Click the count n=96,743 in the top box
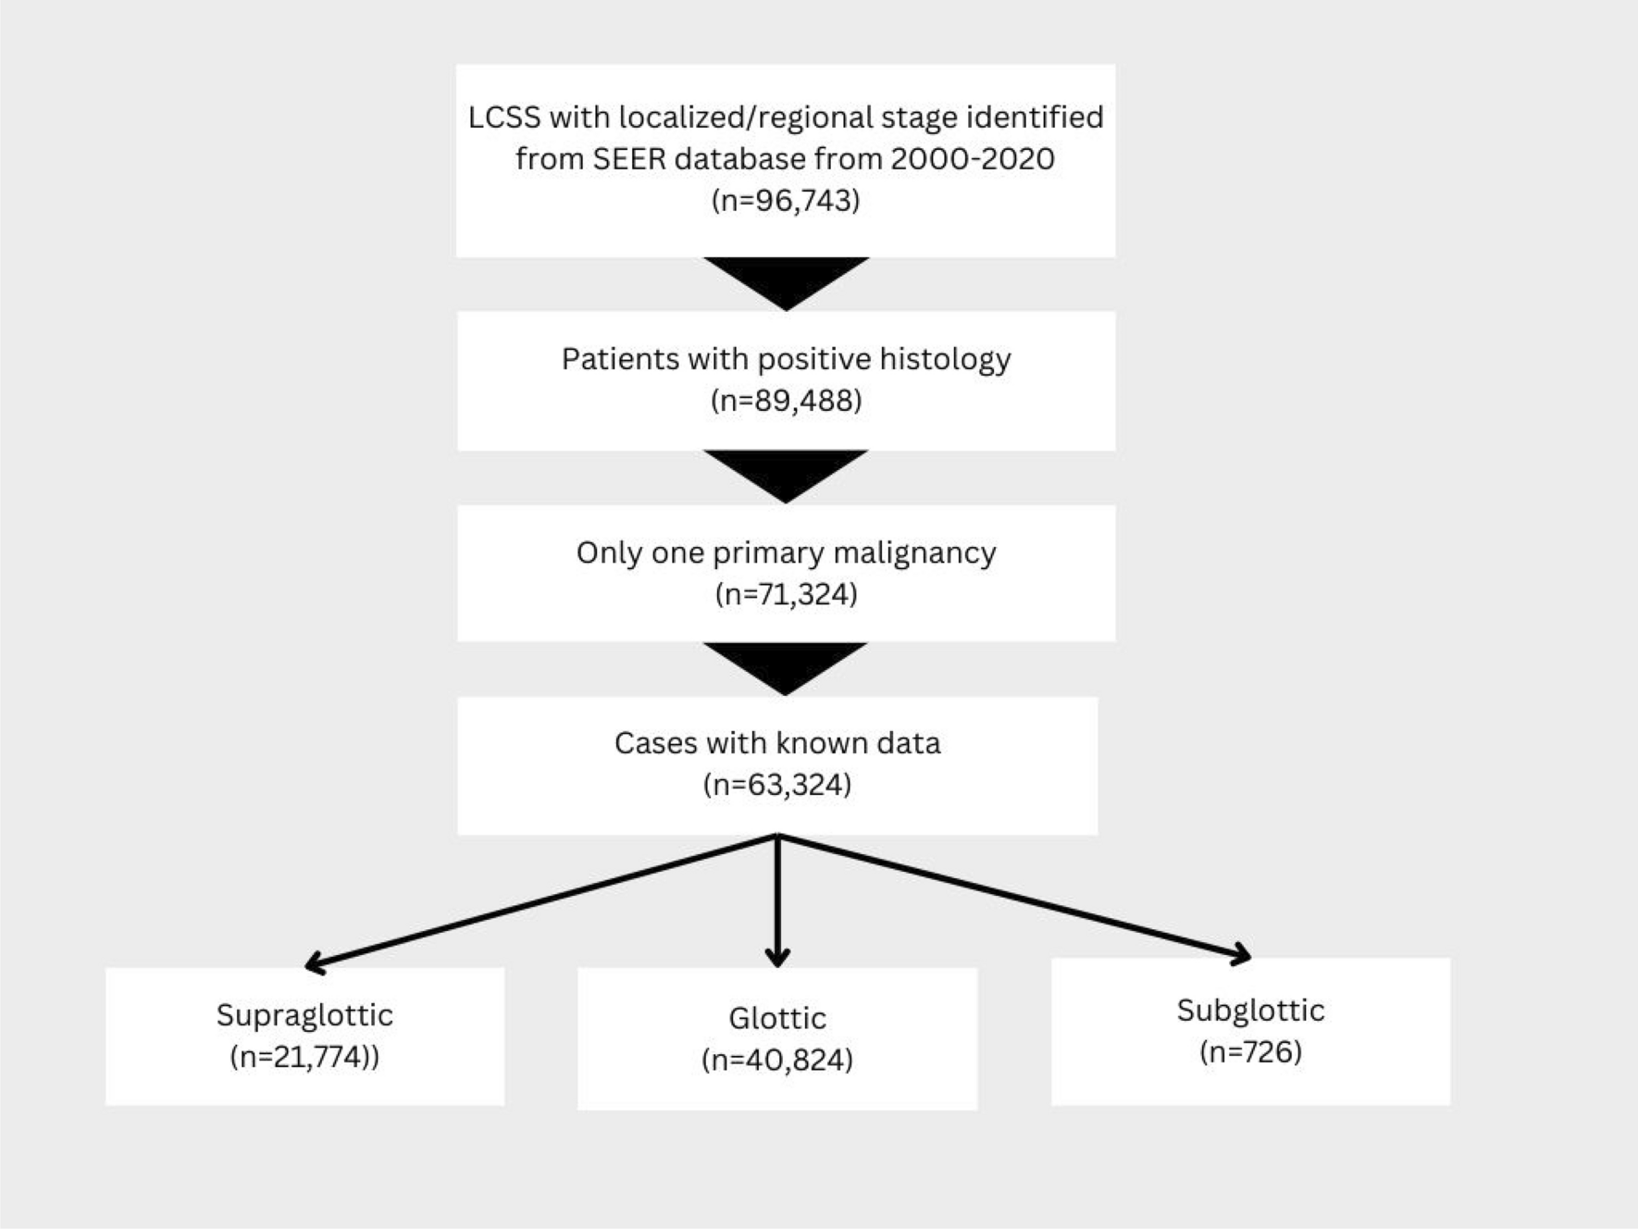[x=786, y=201]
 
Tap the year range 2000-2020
[x=972, y=159]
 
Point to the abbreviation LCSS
[x=504, y=118]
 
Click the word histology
[x=945, y=359]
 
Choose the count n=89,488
[x=786, y=401]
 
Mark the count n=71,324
[x=786, y=594]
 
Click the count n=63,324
[x=777, y=785]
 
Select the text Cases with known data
[x=777, y=743]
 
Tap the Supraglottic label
[x=304, y=1015]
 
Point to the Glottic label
[x=777, y=1018]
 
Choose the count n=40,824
[x=777, y=1061]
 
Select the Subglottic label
[x=1250, y=1010]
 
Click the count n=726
[x=1250, y=1052]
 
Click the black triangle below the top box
[x=786, y=280]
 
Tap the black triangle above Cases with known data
[x=786, y=664]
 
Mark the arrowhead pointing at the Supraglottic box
[x=315, y=963]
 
